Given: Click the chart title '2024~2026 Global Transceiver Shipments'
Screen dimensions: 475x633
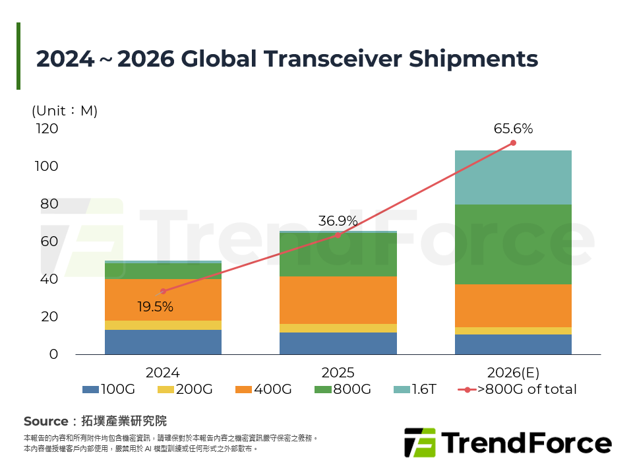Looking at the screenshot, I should click(287, 59).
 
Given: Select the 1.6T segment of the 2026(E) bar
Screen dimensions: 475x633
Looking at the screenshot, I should click(513, 177).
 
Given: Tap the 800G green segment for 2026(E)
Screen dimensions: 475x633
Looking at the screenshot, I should click(513, 244).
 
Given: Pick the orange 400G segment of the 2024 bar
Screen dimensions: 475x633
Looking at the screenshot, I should click(163, 300).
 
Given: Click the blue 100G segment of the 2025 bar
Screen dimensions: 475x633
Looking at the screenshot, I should click(338, 343).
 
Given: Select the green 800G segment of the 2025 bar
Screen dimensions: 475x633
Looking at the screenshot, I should click(338, 255).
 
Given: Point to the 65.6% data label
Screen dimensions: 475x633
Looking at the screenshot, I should click(513, 129).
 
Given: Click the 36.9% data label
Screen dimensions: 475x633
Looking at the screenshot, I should click(338, 221).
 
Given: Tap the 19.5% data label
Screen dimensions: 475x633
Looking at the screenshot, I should click(155, 307).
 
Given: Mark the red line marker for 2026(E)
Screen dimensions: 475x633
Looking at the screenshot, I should click(513, 143).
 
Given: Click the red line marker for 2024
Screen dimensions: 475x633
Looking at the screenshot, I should click(163, 291).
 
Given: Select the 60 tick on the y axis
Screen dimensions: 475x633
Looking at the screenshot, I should click(49, 241).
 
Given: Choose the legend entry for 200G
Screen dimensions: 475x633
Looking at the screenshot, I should click(187, 389).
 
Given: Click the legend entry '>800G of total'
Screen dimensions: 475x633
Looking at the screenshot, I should click(517, 389).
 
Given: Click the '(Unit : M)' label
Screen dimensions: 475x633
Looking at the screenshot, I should click(65, 111).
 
